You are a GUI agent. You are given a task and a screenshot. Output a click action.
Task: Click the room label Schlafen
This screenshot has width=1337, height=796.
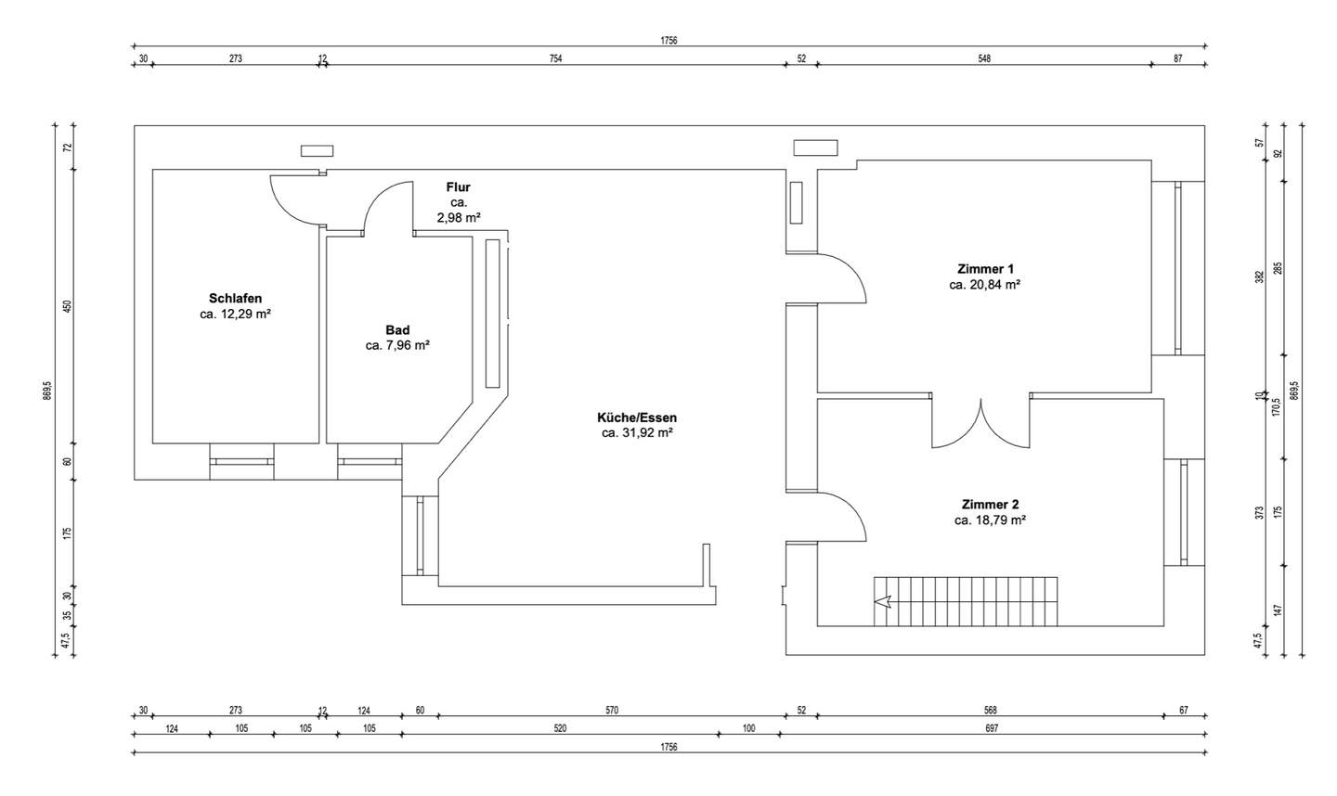[x=235, y=298]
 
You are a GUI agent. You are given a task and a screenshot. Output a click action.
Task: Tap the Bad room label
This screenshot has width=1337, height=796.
[x=397, y=330]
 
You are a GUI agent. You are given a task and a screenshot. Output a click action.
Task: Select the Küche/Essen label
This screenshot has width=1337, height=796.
[x=637, y=417]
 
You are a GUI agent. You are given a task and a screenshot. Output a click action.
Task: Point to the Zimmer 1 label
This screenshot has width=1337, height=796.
[x=985, y=269]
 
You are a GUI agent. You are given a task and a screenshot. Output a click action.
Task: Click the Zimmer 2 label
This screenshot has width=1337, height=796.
[x=990, y=505]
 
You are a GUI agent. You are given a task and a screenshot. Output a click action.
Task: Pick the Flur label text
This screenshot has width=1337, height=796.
[x=459, y=187]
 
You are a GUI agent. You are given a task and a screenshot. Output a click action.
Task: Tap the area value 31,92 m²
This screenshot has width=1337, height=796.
[x=648, y=433]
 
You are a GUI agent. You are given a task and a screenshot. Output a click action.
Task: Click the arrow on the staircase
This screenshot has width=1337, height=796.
[x=883, y=601]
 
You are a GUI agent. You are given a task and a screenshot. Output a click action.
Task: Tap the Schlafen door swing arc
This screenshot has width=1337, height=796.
[x=285, y=210]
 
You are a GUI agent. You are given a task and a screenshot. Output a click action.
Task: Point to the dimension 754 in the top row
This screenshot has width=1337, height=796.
[x=555, y=58]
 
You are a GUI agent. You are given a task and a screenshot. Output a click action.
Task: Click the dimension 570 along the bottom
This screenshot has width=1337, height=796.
[x=612, y=710]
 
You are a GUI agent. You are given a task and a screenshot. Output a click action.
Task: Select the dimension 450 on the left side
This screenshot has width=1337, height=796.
[x=68, y=306]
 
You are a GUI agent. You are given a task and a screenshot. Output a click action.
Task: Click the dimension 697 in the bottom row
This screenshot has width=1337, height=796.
[x=992, y=728]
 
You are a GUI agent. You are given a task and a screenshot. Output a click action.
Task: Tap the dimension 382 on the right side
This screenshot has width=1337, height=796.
[x=1259, y=276]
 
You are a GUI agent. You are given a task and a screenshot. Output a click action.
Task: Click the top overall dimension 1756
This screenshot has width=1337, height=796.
[x=668, y=41]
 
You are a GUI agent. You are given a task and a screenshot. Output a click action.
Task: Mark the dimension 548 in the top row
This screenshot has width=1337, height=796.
[x=984, y=58]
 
